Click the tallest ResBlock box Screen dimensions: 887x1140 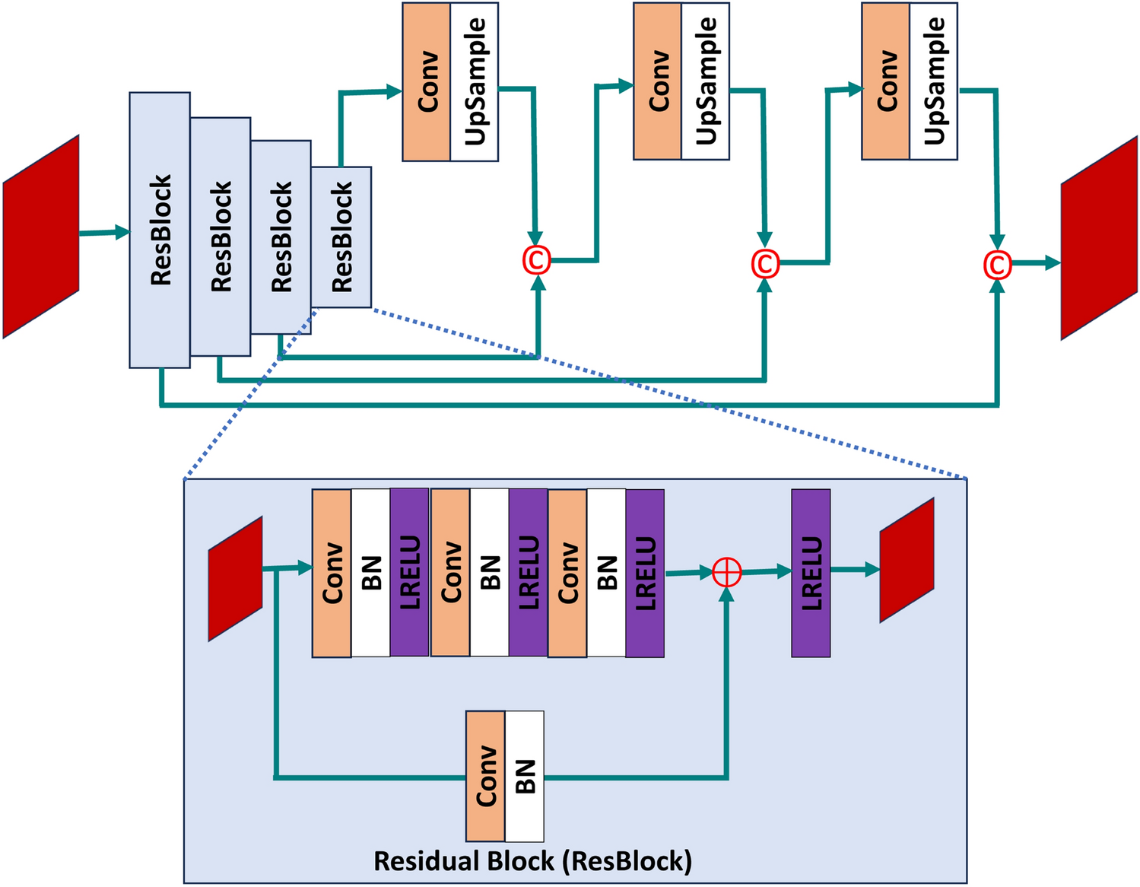pyautogui.click(x=160, y=230)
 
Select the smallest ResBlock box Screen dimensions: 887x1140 pyautogui.click(x=341, y=237)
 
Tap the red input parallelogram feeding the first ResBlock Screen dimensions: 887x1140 pyautogui.click(x=41, y=237)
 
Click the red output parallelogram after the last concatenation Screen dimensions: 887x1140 pyautogui.click(x=1099, y=238)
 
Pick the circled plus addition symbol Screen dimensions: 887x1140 pyautogui.click(x=726, y=572)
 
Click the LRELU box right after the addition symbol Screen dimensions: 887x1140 pyautogui.click(x=811, y=573)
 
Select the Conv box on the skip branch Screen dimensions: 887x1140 pyautogui.click(x=485, y=775)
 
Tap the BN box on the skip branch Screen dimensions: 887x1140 pyautogui.click(x=525, y=775)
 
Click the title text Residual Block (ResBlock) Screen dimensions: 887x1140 pyautogui.click(x=532, y=861)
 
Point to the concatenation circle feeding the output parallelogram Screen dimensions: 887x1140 pyautogui.click(x=997, y=265)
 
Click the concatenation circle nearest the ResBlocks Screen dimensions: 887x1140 pyautogui.click(x=537, y=260)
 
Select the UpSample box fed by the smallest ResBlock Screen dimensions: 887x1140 pyautogui.click(x=475, y=82)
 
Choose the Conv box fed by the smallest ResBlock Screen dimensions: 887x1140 pyautogui.click(x=427, y=82)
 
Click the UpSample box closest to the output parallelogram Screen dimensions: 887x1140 pyautogui.click(x=933, y=81)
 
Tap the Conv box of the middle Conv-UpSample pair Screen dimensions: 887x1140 pyautogui.click(x=658, y=81)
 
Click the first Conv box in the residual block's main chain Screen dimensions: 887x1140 pyautogui.click(x=332, y=573)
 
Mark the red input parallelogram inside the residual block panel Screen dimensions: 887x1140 pyautogui.click(x=236, y=579)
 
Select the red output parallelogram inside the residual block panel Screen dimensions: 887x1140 pyautogui.click(x=907, y=561)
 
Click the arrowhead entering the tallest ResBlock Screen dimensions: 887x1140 pyautogui.click(x=122, y=232)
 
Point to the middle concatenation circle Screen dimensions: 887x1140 pyautogui.click(x=765, y=263)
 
